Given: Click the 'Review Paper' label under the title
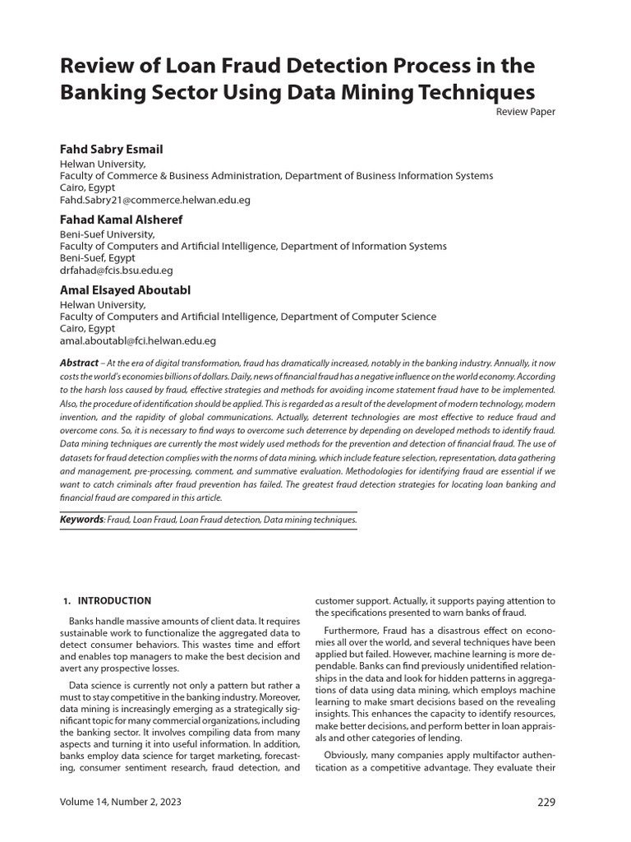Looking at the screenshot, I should coord(525,112).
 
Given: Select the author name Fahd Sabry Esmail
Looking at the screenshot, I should coord(111,150).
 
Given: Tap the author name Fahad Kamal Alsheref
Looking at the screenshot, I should coord(121,220).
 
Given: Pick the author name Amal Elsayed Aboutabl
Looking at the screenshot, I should coord(125,290).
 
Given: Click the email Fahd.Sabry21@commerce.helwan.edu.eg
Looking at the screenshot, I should coord(155,200).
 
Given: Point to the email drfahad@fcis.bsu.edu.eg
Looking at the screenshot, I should coord(116,270).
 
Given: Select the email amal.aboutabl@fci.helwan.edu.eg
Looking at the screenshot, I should coord(138,340).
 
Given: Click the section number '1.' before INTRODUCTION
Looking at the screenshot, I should coord(67,601).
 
